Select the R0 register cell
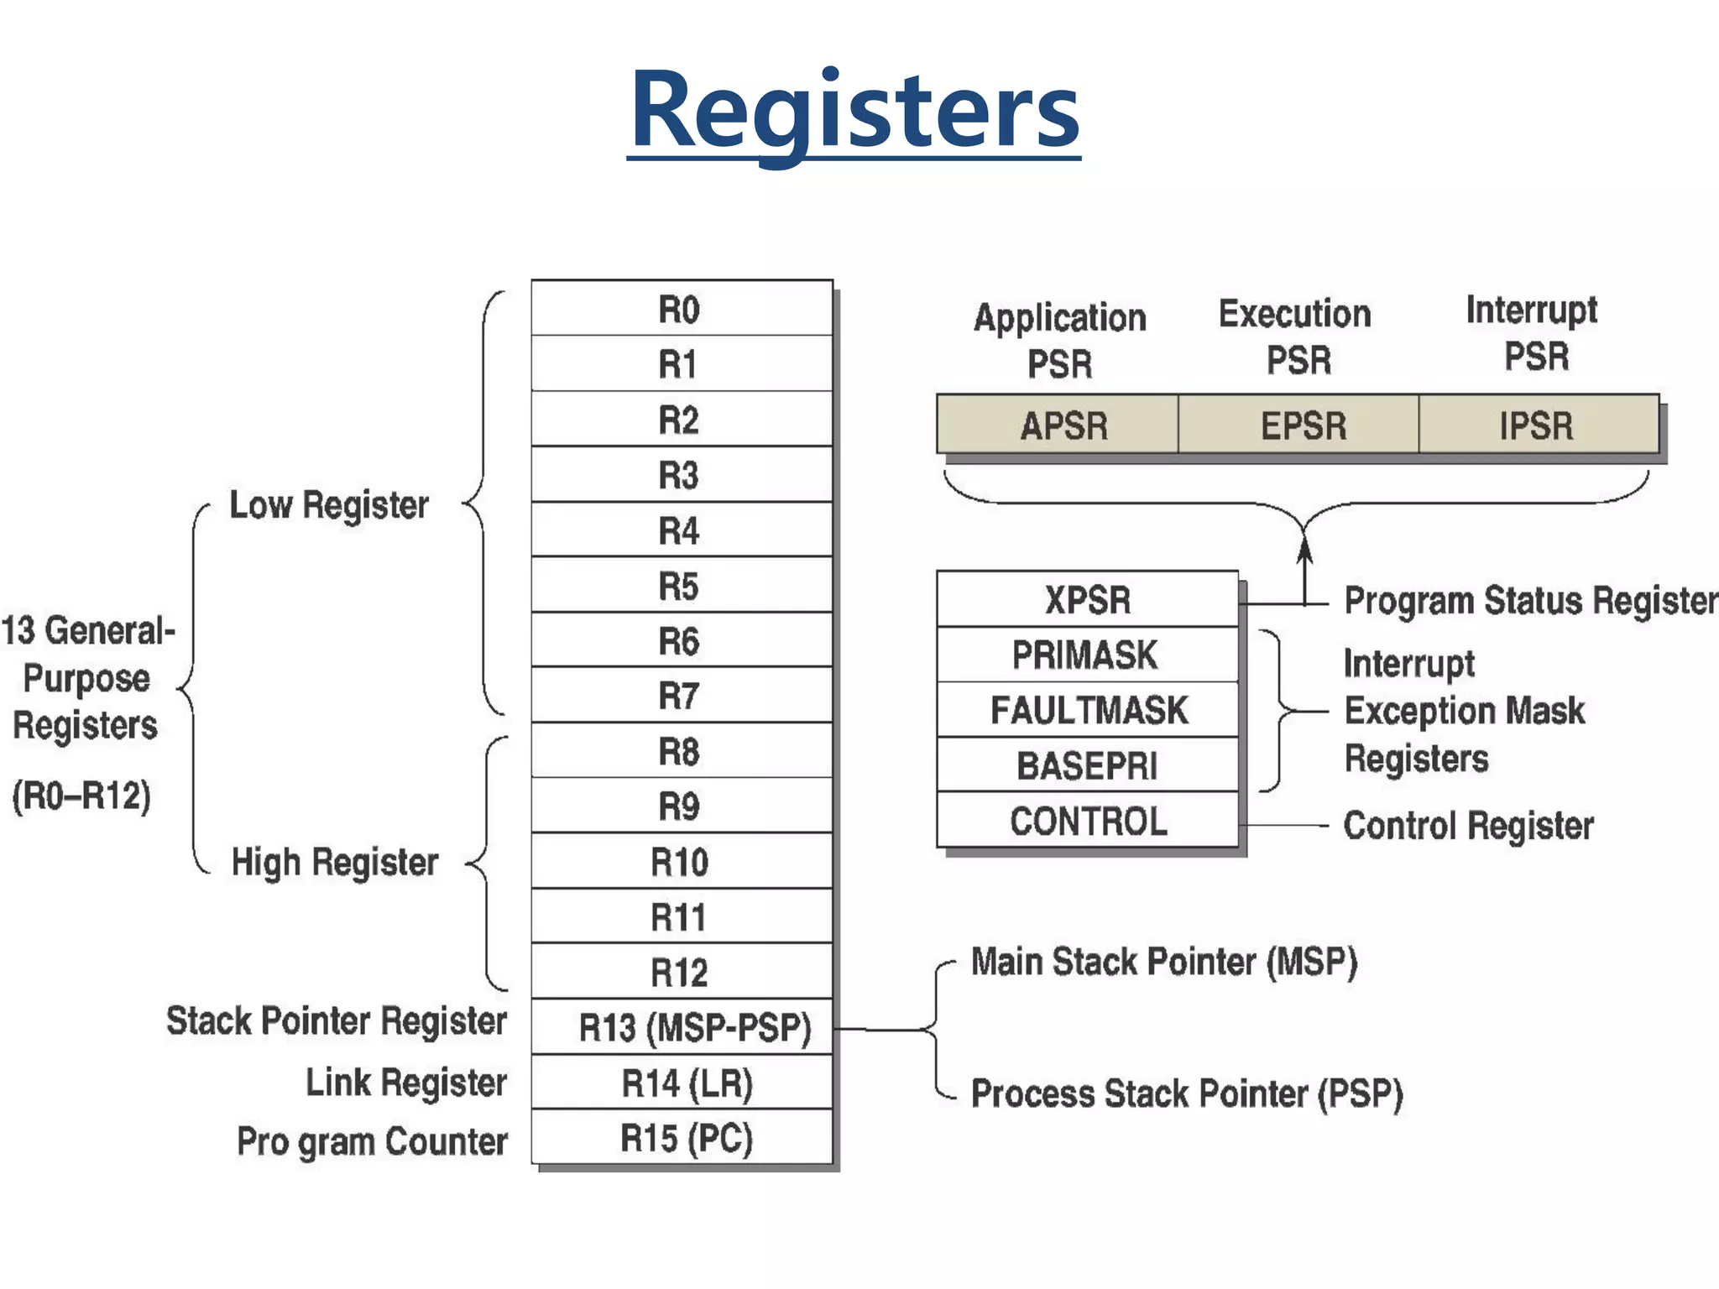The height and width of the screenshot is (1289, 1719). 681,309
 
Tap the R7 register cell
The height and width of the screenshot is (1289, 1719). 681,696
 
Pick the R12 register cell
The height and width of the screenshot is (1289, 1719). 681,972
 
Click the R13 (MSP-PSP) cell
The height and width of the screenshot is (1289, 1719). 681,1027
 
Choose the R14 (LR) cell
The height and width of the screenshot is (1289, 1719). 681,1083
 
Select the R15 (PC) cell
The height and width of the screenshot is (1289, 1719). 681,1138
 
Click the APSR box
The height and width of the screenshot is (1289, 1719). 1058,425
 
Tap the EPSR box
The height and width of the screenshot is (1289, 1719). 1298,425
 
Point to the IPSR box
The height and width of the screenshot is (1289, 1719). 1538,425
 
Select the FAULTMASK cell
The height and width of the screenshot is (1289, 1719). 1088,710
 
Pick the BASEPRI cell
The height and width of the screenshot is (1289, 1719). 1088,765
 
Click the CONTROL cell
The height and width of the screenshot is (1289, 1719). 1088,821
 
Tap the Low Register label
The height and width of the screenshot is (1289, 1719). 329,505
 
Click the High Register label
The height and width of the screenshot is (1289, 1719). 335,862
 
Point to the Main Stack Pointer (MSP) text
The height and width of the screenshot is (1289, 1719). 1164,962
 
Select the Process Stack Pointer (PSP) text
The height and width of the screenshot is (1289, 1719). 1186,1093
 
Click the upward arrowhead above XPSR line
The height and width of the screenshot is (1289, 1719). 1304,550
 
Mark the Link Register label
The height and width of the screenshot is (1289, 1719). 406,1083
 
